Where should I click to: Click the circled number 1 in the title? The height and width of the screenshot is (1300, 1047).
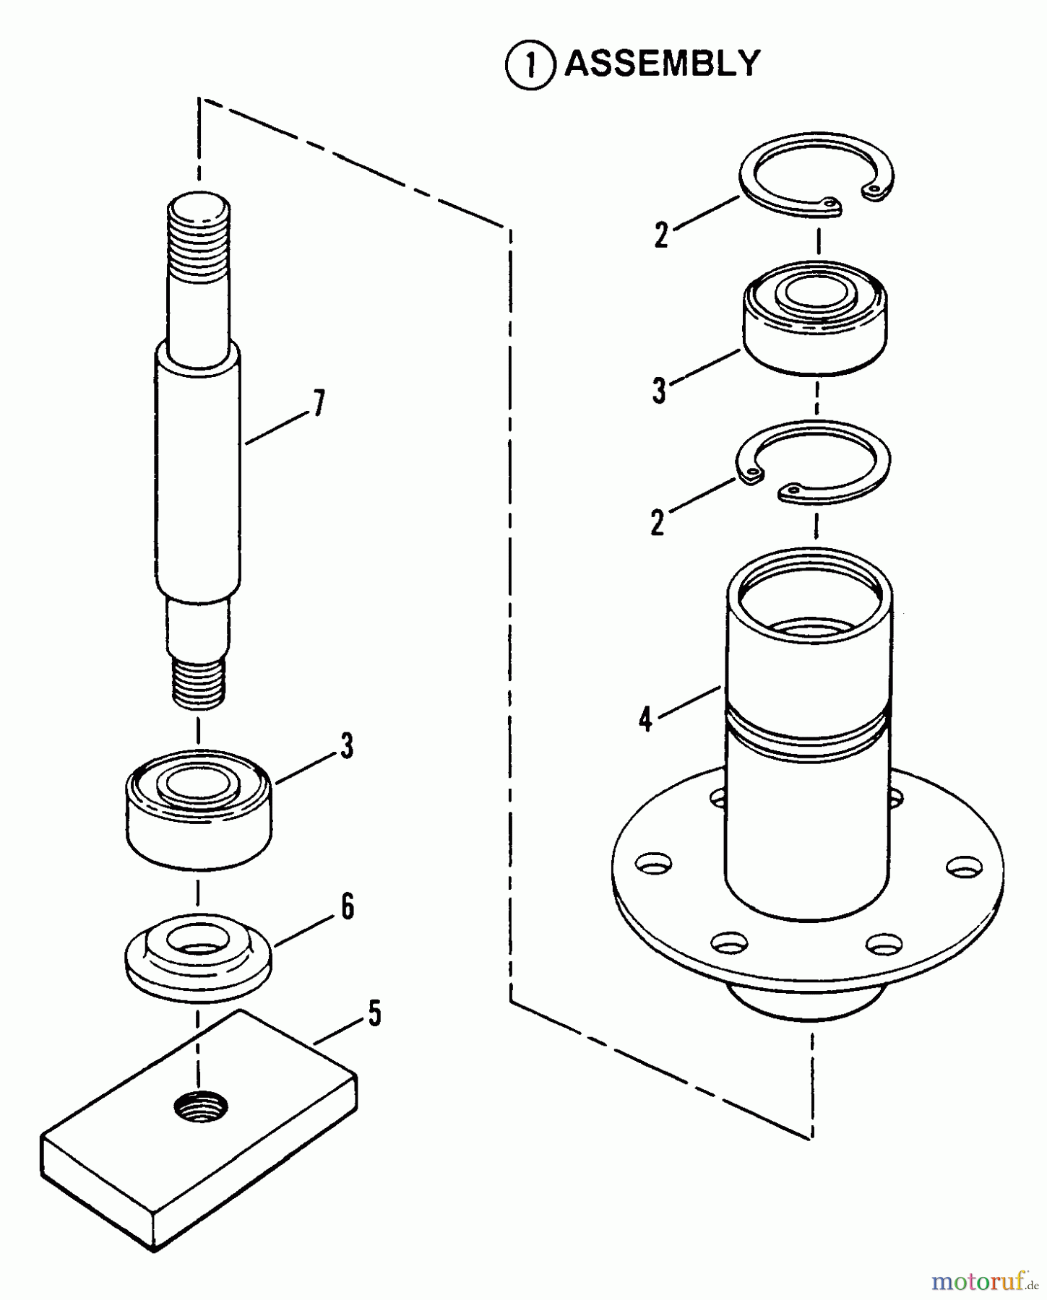pyautogui.click(x=530, y=66)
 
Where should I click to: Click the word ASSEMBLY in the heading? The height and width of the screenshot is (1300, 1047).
pyautogui.click(x=662, y=64)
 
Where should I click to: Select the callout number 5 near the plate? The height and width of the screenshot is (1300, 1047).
pyautogui.click(x=374, y=1013)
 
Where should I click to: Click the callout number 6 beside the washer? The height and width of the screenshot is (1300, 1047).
pyautogui.click(x=348, y=907)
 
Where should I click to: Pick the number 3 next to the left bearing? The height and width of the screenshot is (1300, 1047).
pyautogui.click(x=347, y=746)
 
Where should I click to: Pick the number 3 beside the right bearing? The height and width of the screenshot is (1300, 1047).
pyautogui.click(x=658, y=391)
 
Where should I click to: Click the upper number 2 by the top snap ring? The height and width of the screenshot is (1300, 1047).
pyautogui.click(x=661, y=235)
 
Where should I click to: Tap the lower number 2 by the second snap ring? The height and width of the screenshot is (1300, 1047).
pyautogui.click(x=657, y=522)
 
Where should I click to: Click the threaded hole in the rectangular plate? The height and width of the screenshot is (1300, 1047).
pyautogui.click(x=201, y=1105)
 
